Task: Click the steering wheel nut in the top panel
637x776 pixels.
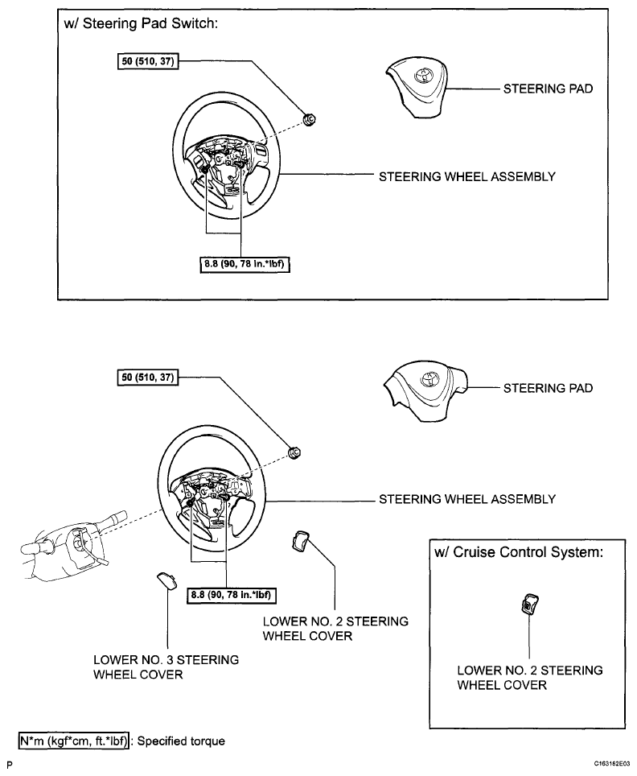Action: click(x=310, y=119)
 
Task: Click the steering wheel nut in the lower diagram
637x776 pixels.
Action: click(x=294, y=452)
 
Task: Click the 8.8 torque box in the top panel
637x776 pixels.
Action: click(x=245, y=264)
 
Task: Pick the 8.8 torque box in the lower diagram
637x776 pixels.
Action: click(x=232, y=594)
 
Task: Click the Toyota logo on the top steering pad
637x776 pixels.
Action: click(x=425, y=76)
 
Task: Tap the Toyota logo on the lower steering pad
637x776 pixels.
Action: click(x=429, y=378)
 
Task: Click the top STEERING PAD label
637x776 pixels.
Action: click(x=548, y=89)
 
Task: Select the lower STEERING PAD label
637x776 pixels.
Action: click(x=548, y=388)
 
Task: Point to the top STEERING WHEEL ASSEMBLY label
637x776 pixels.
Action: click(x=467, y=176)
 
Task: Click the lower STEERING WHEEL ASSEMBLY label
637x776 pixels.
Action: click(x=467, y=499)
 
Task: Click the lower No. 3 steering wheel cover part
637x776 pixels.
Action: click(x=166, y=580)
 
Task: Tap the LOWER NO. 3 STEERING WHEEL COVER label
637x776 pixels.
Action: click(x=166, y=667)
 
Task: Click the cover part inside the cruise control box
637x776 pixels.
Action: click(x=528, y=605)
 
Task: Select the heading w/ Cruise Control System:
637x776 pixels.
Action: click(x=519, y=551)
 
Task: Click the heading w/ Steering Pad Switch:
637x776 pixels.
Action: click(x=141, y=23)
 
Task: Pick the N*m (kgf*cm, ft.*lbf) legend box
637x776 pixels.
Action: click(x=74, y=741)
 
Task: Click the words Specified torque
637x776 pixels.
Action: click(x=181, y=741)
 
